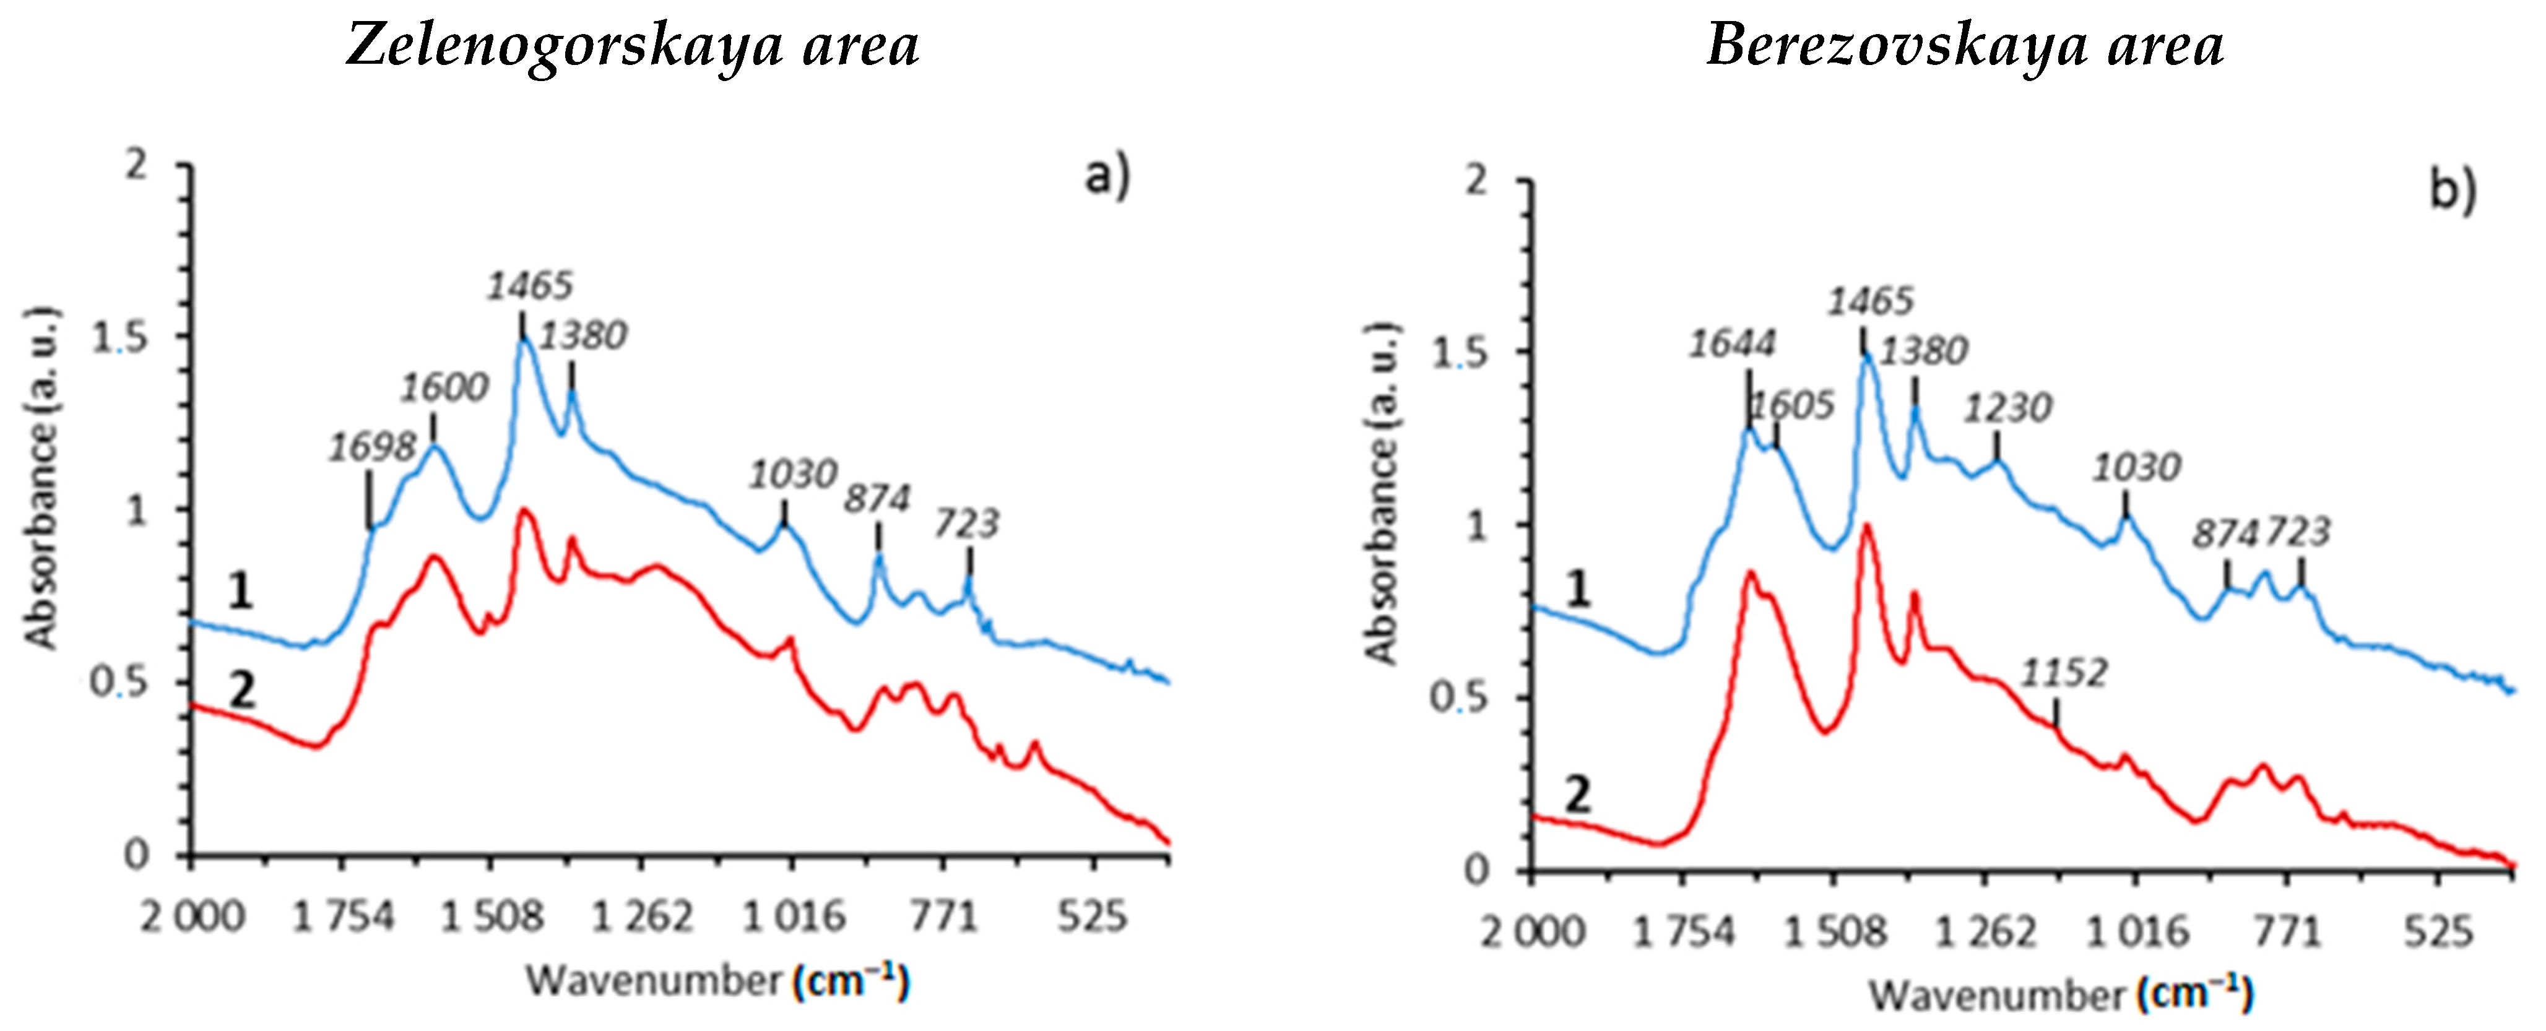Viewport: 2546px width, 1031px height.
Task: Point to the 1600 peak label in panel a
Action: click(x=444, y=387)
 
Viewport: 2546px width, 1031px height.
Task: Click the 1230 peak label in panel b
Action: click(x=2007, y=407)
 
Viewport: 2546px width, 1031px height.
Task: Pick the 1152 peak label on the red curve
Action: click(x=2064, y=673)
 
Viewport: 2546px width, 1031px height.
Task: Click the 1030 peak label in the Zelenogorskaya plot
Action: click(x=793, y=475)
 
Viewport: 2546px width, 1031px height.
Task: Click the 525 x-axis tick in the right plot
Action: click(x=2438, y=932)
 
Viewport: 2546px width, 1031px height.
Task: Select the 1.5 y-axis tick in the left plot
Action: click(x=119, y=338)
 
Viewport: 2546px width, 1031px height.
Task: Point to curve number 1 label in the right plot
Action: click(x=1578, y=590)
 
